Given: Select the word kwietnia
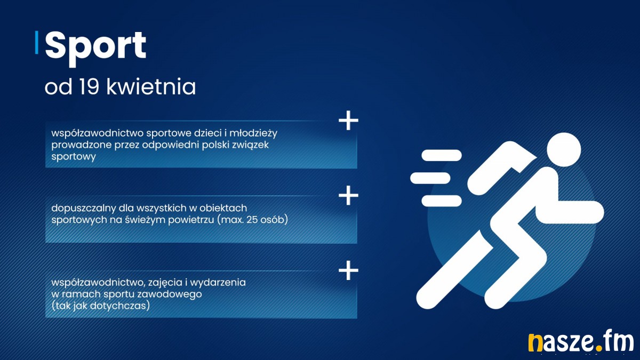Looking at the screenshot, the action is coord(151,86).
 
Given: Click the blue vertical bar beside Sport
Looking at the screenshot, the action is coord(37,42).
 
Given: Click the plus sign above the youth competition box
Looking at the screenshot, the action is coord(348,121).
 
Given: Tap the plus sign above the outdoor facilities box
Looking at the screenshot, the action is coord(348,195).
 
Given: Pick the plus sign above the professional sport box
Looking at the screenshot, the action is coord(348,270).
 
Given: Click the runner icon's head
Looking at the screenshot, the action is coord(564,149).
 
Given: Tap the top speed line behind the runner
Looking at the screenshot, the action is coord(442,155).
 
